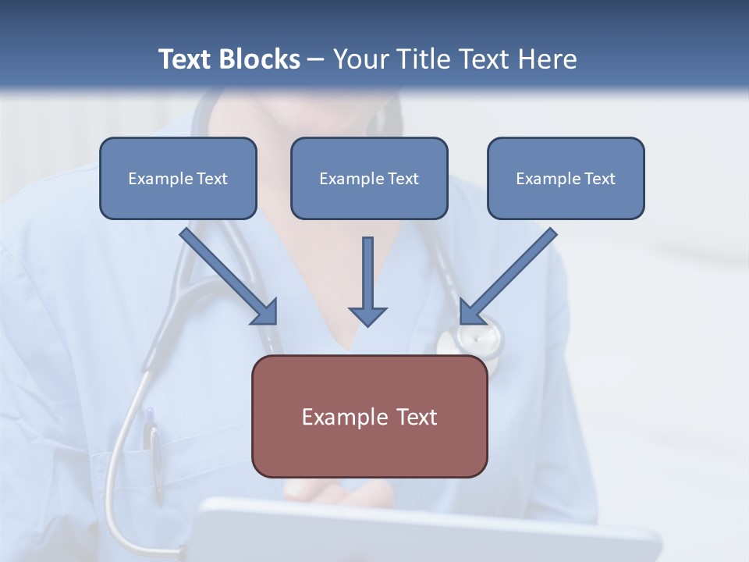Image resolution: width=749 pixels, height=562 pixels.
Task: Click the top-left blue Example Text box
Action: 178,179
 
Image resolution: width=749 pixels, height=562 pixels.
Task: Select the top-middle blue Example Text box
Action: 369,179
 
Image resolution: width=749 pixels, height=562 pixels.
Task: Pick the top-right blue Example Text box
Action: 566,179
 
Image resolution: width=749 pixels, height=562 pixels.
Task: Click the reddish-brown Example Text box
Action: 369,417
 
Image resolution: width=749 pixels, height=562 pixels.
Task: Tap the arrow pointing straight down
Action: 367,281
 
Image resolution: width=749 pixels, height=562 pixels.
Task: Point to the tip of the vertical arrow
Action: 367,324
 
